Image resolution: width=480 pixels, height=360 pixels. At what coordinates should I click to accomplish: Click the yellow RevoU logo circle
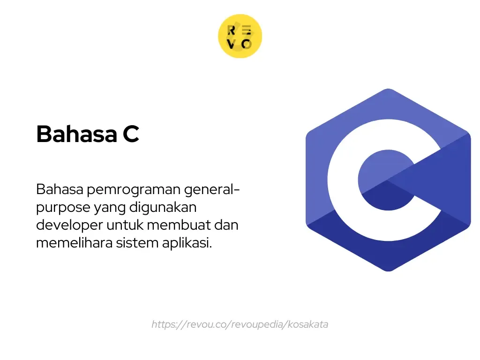click(x=240, y=37)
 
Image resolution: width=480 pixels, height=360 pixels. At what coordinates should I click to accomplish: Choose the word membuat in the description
click(x=179, y=225)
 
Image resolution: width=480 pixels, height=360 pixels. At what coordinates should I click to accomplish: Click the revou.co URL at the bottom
click(x=240, y=324)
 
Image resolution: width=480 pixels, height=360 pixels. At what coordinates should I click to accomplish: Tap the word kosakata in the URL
click(x=307, y=324)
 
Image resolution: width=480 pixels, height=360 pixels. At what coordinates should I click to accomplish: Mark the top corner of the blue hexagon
click(x=388, y=90)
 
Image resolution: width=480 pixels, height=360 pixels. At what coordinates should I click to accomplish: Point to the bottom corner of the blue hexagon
click(x=388, y=270)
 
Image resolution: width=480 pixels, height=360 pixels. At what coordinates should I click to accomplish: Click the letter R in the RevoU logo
click(x=231, y=30)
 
